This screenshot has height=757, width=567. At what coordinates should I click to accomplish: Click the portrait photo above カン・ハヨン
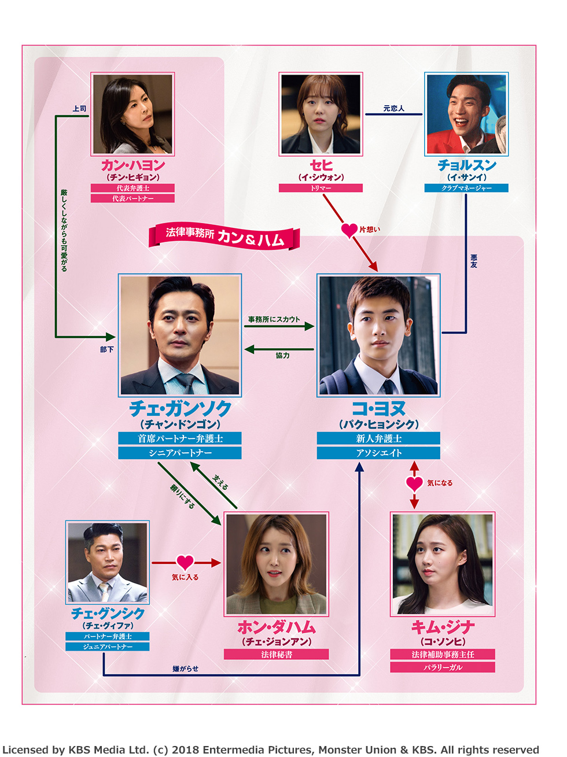pos(132,114)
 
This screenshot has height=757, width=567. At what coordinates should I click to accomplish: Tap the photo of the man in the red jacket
pos(466,114)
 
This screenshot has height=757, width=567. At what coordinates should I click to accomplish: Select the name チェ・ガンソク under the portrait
pos(180,409)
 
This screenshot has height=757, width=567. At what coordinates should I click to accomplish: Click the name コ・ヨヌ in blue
pos(378,409)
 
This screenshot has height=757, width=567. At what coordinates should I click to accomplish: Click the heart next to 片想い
pos(349,230)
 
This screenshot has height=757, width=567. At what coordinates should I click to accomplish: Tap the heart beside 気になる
pos(414,483)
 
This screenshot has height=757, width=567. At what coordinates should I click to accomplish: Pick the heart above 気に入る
pos(185,562)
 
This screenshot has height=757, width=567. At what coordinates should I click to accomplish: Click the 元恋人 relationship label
pos(393,108)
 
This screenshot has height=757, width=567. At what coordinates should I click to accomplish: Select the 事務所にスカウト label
pos(274,319)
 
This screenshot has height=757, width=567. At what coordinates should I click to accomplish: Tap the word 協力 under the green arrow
pos(282,356)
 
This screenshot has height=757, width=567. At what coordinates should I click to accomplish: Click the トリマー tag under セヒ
pos(321,188)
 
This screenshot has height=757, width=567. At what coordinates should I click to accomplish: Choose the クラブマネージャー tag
pos(466,188)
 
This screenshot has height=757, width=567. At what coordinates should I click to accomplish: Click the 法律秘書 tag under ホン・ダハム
pos(276,655)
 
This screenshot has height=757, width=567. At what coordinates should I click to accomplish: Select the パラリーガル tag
pos(443,667)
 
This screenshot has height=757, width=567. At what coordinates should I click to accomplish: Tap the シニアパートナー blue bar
pos(180,453)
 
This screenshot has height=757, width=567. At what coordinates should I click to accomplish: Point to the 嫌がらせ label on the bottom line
pos(185,669)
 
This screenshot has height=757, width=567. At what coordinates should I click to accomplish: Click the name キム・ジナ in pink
pos(443,627)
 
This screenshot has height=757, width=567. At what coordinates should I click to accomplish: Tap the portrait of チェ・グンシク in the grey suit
pos(108,562)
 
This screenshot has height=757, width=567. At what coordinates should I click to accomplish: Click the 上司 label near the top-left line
pos(79,109)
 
